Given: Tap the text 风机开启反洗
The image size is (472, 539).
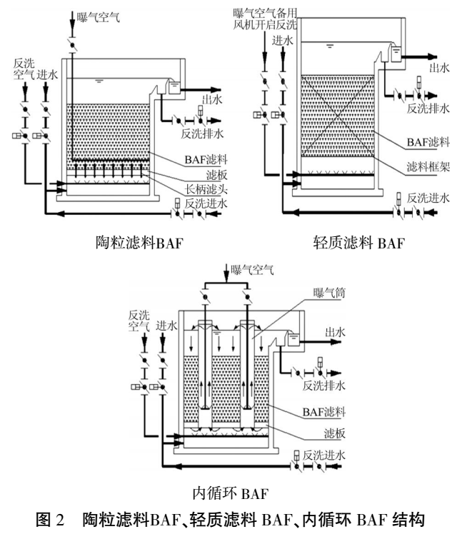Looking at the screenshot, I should pyautogui.click(x=266, y=24).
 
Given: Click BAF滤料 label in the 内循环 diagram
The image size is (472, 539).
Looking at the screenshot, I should pyautogui.click(x=330, y=412).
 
